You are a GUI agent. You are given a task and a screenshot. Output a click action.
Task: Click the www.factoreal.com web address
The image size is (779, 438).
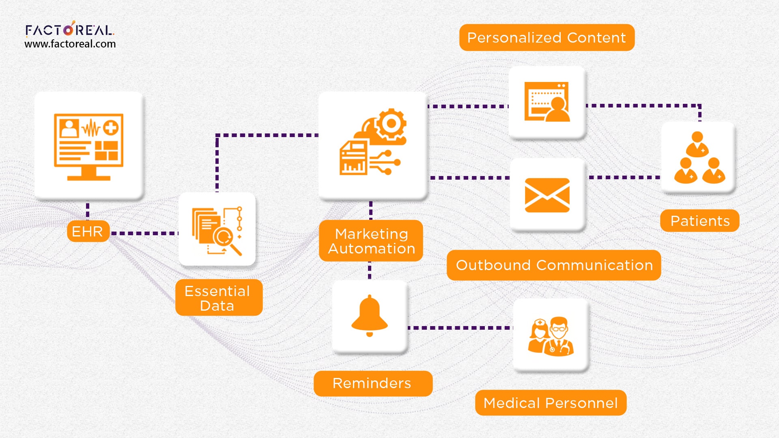pyautogui.click(x=70, y=44)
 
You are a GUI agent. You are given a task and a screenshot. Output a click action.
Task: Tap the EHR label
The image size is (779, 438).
pyautogui.click(x=88, y=231)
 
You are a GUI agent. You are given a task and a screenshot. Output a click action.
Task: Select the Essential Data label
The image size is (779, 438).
pyautogui.click(x=219, y=298)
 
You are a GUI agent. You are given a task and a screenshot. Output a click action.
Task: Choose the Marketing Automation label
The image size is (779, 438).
pyautogui.click(x=371, y=241)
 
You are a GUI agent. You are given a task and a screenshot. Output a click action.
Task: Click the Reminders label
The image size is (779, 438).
pyautogui.click(x=372, y=383)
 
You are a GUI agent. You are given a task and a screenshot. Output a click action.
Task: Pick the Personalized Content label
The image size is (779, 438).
pyautogui.click(x=547, y=38)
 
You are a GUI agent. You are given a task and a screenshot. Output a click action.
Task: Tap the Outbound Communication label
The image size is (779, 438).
pyautogui.click(x=554, y=265)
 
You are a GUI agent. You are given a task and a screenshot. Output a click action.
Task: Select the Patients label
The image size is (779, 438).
pyautogui.click(x=699, y=221)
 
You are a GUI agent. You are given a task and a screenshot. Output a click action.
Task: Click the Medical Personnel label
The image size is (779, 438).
pyautogui.click(x=551, y=403)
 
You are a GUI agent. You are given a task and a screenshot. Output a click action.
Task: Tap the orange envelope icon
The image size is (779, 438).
pyautogui.click(x=547, y=195)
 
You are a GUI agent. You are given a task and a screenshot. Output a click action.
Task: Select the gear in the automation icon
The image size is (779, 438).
pyautogui.click(x=391, y=124)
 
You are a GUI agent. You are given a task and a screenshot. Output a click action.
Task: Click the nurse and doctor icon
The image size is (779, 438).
pyautogui.click(x=551, y=336)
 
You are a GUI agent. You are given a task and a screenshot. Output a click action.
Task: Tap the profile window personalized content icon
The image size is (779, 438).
pyautogui.click(x=547, y=102)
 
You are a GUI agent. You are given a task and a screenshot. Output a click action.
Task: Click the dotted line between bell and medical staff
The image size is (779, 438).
pyautogui.click(x=460, y=328)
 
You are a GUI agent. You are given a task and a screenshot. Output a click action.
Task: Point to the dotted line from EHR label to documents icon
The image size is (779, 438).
pyautogui.click(x=144, y=233)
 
